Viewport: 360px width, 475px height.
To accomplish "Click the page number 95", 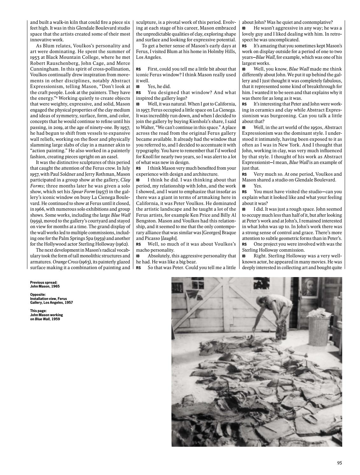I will click(x=339, y=463).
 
